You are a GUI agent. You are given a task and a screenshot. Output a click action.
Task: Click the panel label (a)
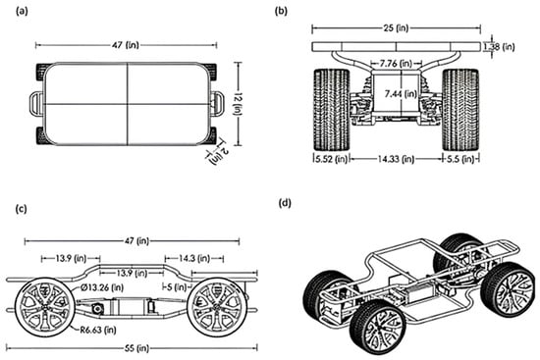[x=22, y=12]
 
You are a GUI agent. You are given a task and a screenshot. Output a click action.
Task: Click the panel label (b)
[x=281, y=12]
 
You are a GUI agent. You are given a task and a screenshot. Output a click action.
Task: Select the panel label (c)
[x=22, y=209]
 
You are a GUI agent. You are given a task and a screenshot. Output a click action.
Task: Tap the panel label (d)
[x=285, y=203]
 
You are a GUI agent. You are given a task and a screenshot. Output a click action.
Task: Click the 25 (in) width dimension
[x=396, y=27]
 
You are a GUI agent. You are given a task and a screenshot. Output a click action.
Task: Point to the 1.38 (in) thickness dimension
[x=500, y=46]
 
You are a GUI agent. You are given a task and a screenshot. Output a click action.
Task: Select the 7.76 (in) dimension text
[x=396, y=64]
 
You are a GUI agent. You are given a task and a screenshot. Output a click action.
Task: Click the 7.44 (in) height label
[x=401, y=93]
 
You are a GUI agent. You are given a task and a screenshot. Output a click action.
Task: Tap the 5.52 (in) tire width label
[x=331, y=159]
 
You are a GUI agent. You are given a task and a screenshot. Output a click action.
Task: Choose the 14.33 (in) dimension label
[x=396, y=159]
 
